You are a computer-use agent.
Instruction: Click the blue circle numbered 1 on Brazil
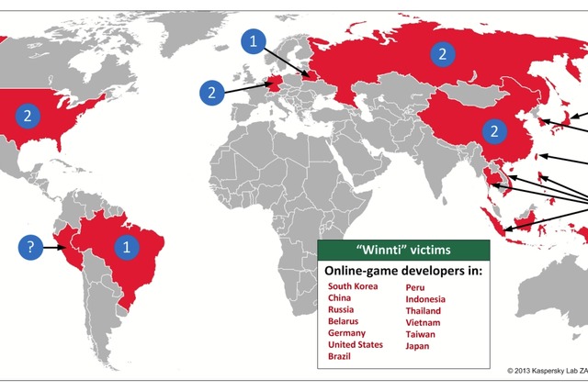127,246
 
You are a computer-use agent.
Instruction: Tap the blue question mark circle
30,246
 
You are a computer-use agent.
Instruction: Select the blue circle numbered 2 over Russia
442,54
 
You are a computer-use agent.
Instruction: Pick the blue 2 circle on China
495,129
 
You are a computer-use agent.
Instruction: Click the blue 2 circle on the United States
28,115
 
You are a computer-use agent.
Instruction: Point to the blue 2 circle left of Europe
210,92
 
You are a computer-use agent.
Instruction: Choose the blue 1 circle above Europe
254,41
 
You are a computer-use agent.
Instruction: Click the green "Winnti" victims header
404,251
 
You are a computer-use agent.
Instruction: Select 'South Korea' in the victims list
353,286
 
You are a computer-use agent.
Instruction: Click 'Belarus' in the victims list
344,322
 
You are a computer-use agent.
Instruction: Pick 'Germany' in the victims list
346,334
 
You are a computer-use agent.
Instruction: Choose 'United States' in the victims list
356,346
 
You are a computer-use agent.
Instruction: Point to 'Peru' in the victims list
414,286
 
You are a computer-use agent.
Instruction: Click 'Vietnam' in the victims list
423,322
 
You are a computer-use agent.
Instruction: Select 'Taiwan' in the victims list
421,334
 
